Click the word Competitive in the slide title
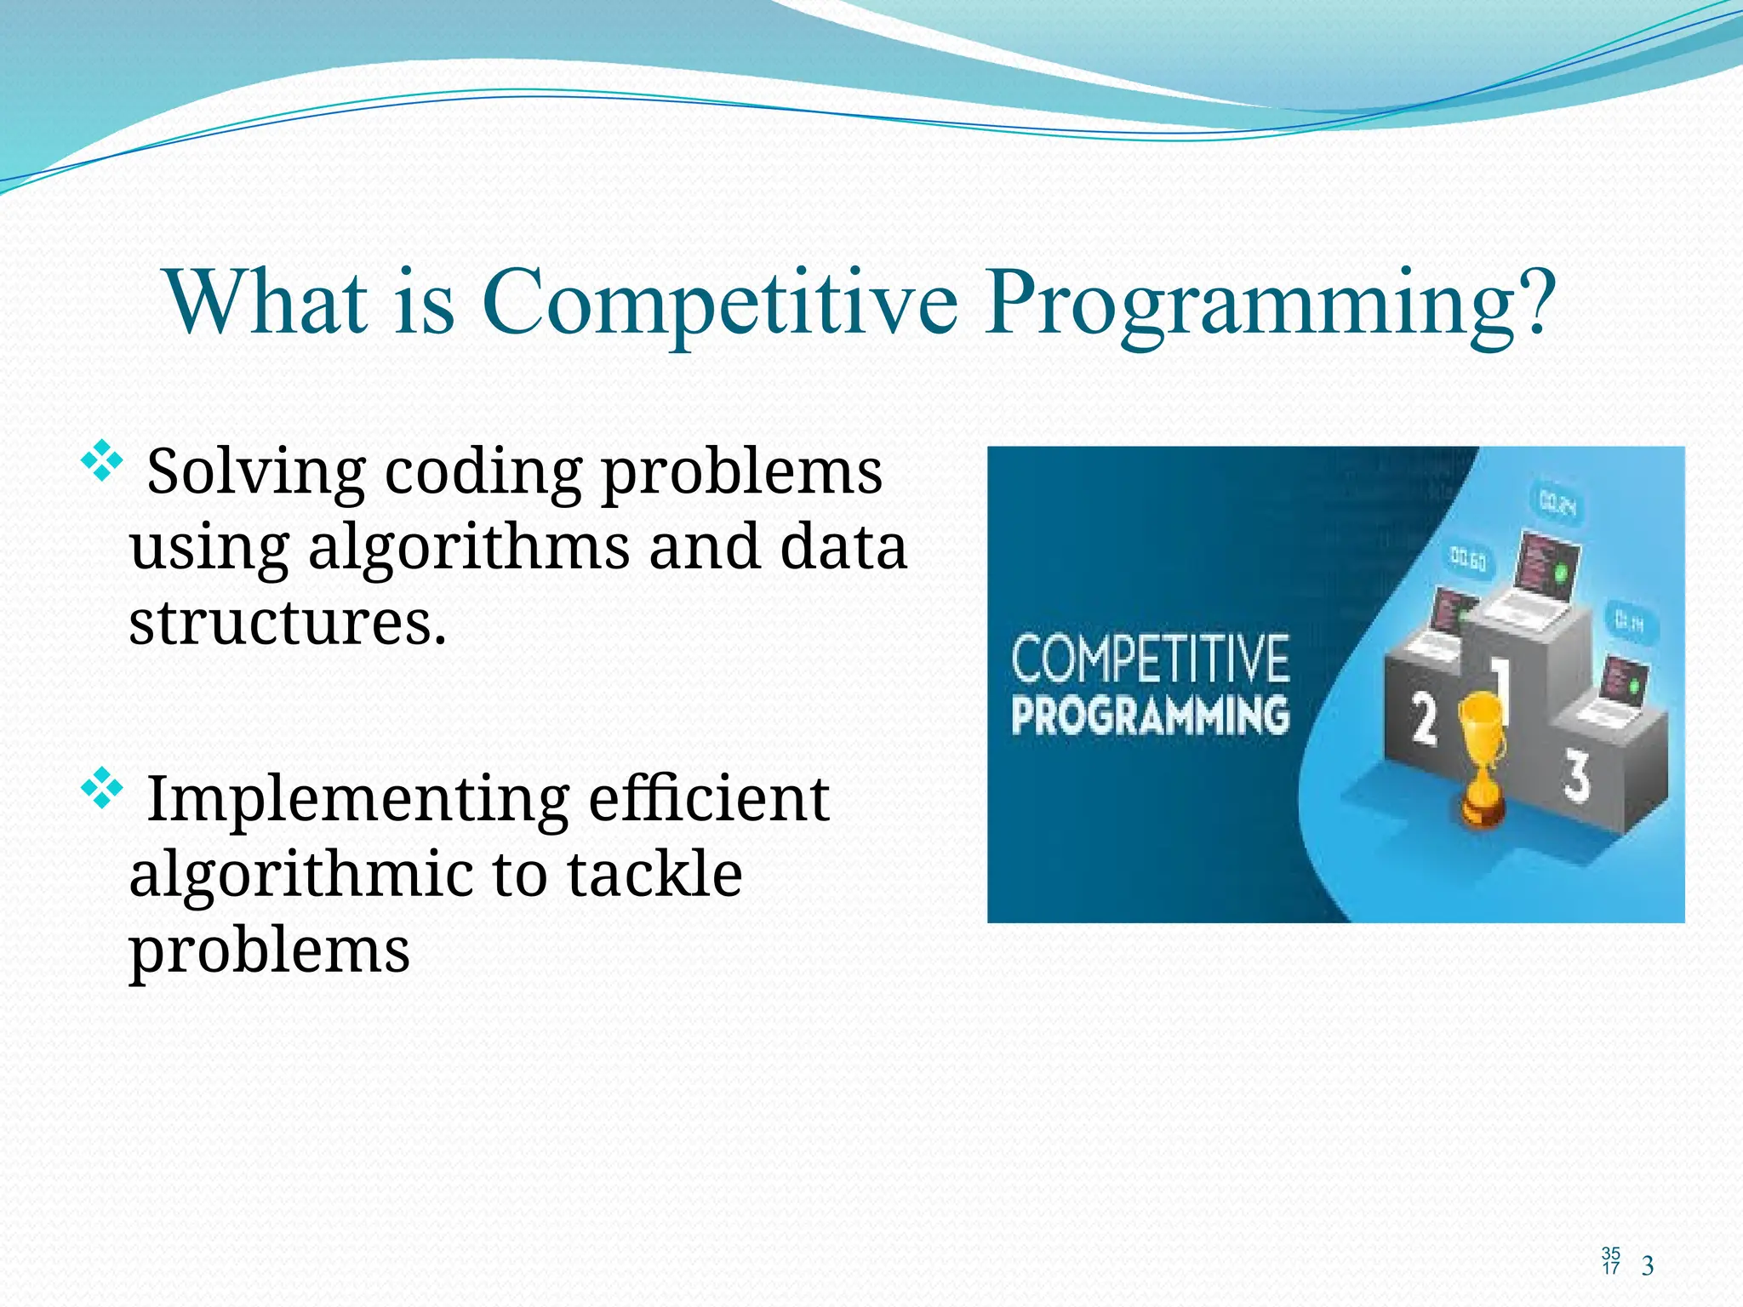coord(720,303)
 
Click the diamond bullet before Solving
coord(101,461)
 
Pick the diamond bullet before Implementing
coord(101,788)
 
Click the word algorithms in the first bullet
coord(469,549)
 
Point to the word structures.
coord(287,623)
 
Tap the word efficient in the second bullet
coord(708,800)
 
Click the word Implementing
coord(358,800)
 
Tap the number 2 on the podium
coord(1424,719)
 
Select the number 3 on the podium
coord(1576,775)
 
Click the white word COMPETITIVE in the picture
coord(1150,659)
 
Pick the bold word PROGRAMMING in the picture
coord(1150,715)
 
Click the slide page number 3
coord(1648,1266)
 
